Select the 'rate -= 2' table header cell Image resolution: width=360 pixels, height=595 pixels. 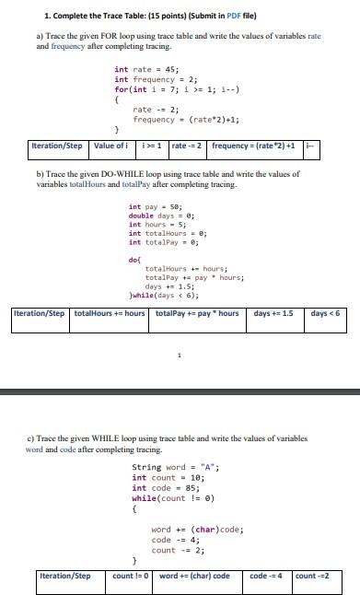[188, 146]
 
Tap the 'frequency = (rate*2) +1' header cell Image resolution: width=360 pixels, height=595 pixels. [253, 146]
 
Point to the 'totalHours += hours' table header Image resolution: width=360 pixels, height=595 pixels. [109, 314]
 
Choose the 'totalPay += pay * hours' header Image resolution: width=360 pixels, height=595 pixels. [197, 314]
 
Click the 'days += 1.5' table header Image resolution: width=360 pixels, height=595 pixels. [273, 314]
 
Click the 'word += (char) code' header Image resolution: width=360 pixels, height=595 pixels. [195, 577]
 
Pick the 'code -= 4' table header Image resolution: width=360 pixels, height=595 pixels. [265, 577]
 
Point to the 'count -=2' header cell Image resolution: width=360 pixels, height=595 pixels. [313, 577]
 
